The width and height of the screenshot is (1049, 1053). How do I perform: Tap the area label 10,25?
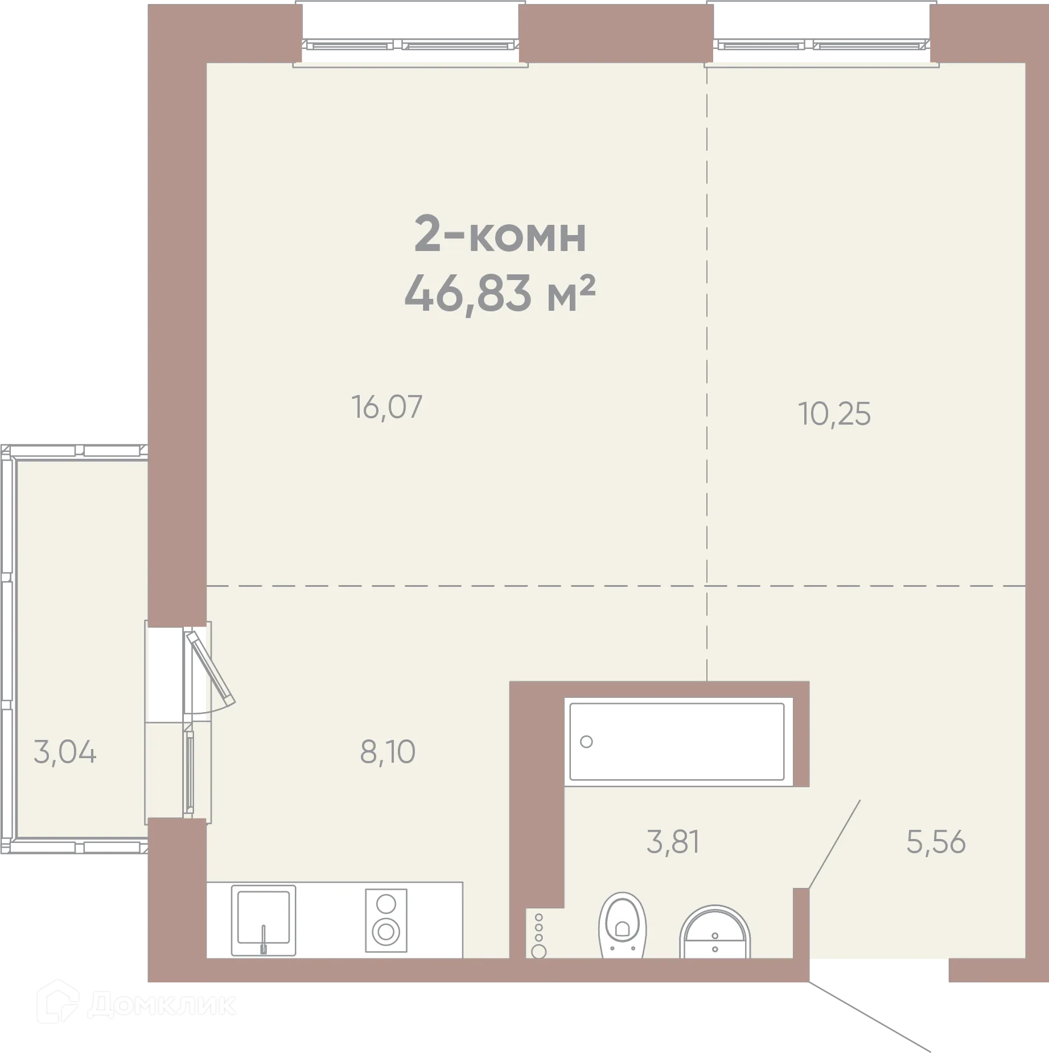[x=834, y=414]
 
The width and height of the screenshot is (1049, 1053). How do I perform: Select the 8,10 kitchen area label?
[x=388, y=752]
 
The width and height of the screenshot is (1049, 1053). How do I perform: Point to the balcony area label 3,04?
[x=65, y=752]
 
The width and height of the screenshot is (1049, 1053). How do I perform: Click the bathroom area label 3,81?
[x=673, y=842]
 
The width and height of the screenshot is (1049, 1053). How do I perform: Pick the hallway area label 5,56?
[x=936, y=842]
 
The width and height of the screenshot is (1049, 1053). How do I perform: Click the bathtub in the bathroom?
[x=677, y=742]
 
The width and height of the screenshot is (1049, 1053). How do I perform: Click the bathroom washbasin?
[x=715, y=933]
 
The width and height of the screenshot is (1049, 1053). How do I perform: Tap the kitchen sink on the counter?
[x=264, y=920]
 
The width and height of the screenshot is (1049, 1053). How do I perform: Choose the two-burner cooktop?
[x=386, y=920]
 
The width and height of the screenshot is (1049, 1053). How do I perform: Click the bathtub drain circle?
[x=586, y=742]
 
